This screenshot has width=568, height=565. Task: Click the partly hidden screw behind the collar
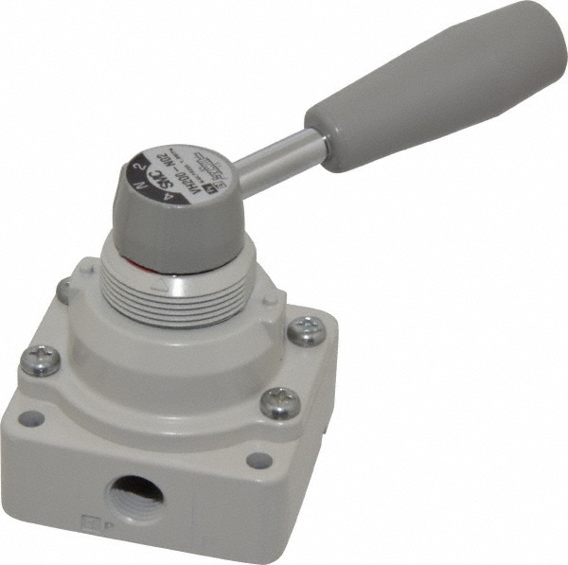(x=63, y=289)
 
